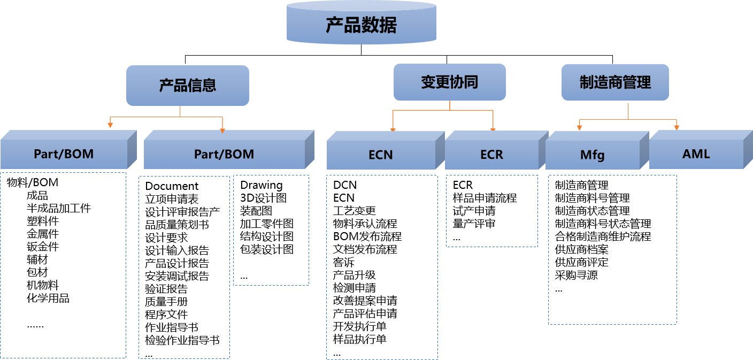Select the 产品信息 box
188,86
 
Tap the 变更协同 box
449,82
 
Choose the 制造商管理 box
615,82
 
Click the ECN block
381,155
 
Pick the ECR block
491,155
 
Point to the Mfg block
592,155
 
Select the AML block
696,154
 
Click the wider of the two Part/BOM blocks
224,154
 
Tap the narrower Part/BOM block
64,154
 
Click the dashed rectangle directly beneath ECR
492,211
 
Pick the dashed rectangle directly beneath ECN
382,267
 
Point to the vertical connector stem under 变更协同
450,105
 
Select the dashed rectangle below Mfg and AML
612,249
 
